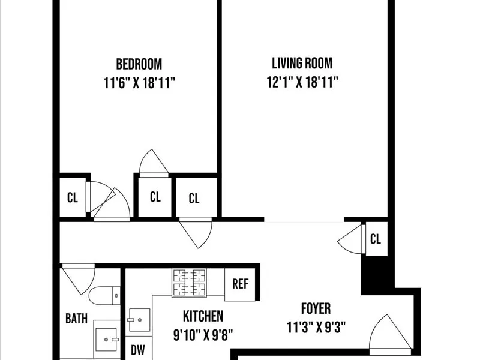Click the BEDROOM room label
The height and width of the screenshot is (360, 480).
click(x=139, y=64)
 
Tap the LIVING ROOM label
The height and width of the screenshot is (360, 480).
click(x=302, y=63)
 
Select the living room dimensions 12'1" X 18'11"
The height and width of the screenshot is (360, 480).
click(x=302, y=82)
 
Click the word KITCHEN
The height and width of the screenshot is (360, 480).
click(x=203, y=316)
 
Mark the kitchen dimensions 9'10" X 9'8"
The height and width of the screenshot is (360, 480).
click(x=203, y=334)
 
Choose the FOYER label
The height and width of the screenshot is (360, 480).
click(x=316, y=309)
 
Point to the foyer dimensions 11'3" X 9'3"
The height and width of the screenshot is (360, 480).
click(x=316, y=328)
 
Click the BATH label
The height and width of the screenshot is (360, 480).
click(x=76, y=319)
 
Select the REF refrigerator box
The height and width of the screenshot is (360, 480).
click(x=241, y=283)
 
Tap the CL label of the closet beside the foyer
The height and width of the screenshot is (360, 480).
click(x=376, y=239)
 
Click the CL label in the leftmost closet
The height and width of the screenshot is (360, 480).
click(x=73, y=197)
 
